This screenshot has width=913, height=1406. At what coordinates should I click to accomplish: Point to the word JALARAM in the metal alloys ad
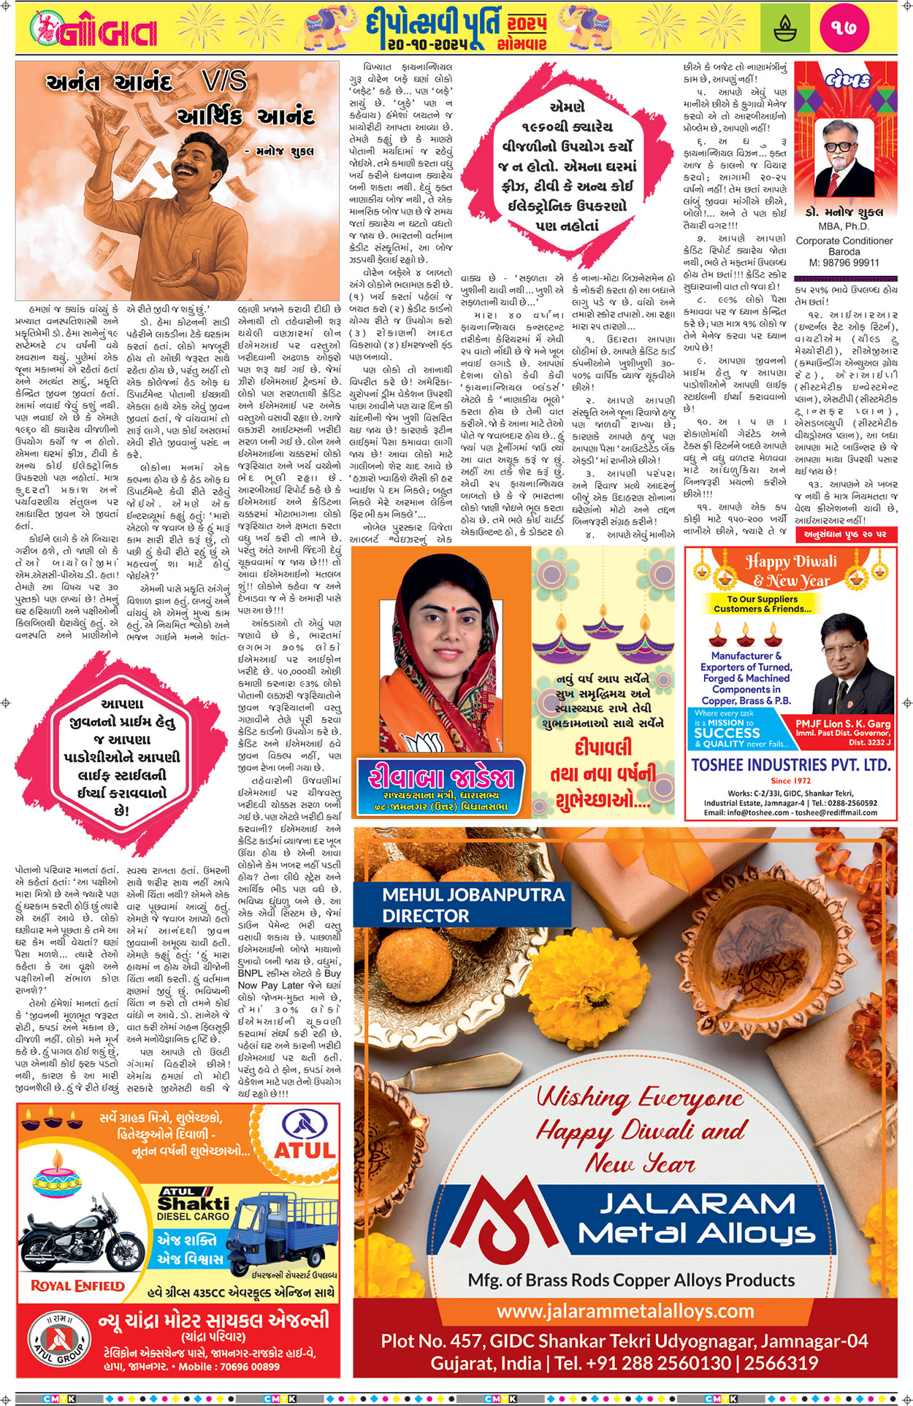tap(698, 1204)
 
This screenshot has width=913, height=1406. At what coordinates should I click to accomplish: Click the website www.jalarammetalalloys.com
tap(625, 1310)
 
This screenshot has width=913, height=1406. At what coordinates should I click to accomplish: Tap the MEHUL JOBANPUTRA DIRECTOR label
tap(473, 904)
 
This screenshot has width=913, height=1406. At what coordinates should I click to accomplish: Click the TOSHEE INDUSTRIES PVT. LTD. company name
tap(791, 765)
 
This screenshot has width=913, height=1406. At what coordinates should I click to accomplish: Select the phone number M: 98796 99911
tap(844, 262)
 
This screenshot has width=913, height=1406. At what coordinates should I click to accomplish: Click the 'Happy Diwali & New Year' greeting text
tap(791, 570)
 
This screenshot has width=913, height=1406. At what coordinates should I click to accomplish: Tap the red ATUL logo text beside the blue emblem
tap(305, 1150)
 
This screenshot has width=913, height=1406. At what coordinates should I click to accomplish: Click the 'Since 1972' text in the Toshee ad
tap(791, 780)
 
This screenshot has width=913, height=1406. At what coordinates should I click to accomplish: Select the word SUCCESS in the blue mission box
tap(727, 732)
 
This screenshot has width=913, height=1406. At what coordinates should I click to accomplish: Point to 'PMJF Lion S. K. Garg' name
tap(843, 723)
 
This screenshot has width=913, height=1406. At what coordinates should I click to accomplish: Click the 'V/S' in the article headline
tap(224, 80)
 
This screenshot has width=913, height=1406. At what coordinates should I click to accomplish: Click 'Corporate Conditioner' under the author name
tap(844, 240)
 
